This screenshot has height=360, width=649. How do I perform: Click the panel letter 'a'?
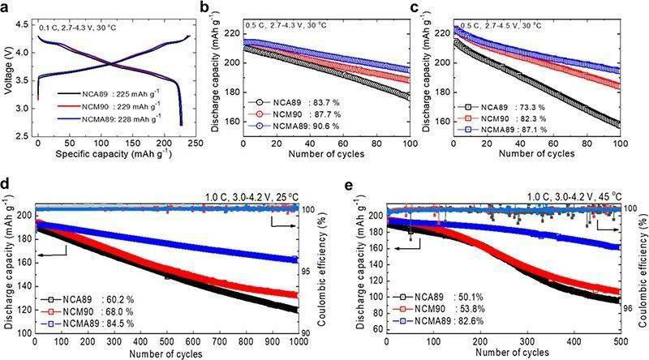click(x=7, y=8)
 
